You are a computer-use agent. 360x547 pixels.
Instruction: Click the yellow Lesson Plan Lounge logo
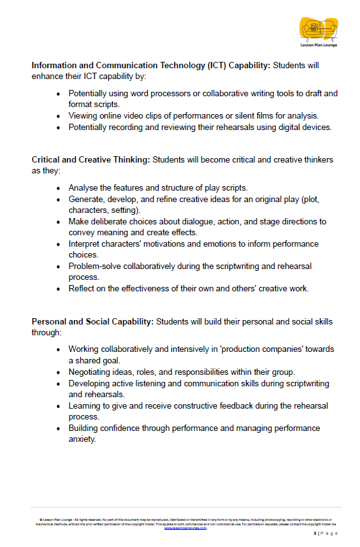click(x=318, y=28)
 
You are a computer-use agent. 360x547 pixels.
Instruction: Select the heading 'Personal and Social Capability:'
click(x=92, y=321)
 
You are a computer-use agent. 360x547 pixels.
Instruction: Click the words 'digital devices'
click(x=302, y=127)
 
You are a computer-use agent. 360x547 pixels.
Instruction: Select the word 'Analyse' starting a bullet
click(x=84, y=188)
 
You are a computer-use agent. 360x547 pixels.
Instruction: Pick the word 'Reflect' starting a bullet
click(x=83, y=289)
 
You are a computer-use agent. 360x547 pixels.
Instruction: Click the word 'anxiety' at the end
click(x=82, y=439)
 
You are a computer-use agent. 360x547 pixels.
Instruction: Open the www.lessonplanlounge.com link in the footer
click(x=185, y=528)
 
